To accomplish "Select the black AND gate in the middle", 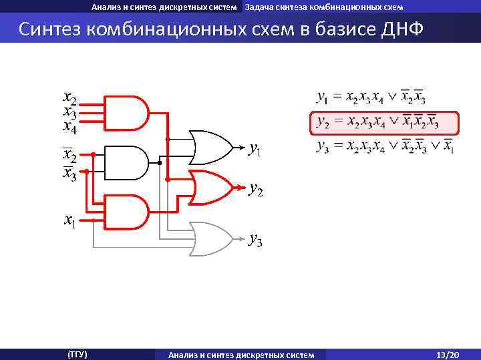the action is point(127,163).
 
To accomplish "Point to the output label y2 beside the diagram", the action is point(255,191).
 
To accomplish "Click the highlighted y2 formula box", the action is point(385,123).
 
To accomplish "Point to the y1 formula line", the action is point(371,98).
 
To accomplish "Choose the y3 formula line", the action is point(385,146).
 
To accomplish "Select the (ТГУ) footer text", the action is point(77,354).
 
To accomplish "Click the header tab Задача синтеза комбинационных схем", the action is point(324,7).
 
